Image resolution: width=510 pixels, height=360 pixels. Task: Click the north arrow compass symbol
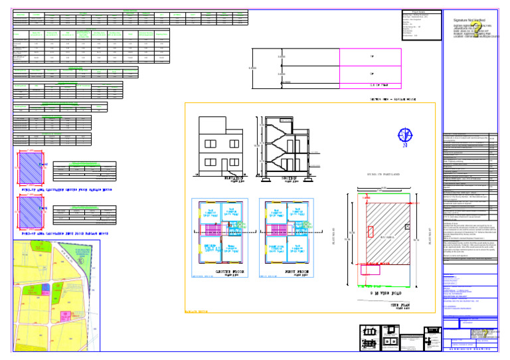(x=404, y=136)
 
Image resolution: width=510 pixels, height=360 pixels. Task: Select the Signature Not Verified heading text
(x=469, y=21)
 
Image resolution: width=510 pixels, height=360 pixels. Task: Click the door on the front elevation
(x=234, y=165)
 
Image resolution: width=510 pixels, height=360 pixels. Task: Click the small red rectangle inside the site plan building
(x=370, y=231)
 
